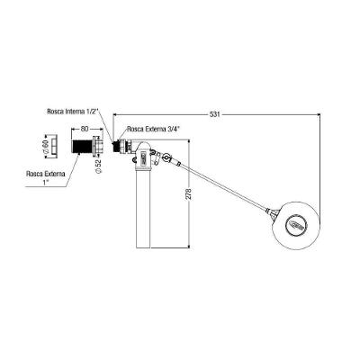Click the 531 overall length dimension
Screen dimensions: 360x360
pyautogui.click(x=215, y=114)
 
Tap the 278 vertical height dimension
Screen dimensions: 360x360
pyautogui.click(x=189, y=193)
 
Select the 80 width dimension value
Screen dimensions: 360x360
pyautogui.click(x=85, y=129)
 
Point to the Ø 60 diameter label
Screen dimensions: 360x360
pyautogui.click(x=46, y=147)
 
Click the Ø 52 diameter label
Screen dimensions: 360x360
pyautogui.click(x=100, y=166)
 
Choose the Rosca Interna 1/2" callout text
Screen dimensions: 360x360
pyautogui.click(x=73, y=111)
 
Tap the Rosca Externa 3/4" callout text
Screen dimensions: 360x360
pyautogui.click(x=154, y=130)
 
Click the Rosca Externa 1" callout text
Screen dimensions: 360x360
pyautogui.click(x=46, y=177)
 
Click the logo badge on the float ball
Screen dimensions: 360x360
pyautogui.click(x=296, y=224)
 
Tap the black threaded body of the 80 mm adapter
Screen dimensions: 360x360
pyautogui.click(x=83, y=147)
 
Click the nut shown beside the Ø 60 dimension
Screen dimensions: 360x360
pyautogui.click(x=55, y=147)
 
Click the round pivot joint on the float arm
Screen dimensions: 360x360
pyautogui.click(x=166, y=157)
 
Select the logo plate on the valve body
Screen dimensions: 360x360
pyautogui.click(x=143, y=157)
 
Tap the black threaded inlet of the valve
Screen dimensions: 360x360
pyautogui.click(x=116, y=147)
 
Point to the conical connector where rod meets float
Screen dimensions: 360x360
pyautogui.click(x=273, y=212)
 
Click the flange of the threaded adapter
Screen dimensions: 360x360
pyautogui.click(x=98, y=146)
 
